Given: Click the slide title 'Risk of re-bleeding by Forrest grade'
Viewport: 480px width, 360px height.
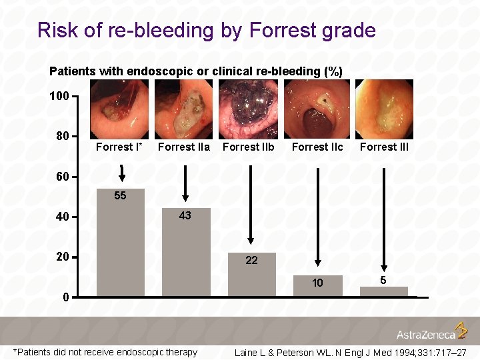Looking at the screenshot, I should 207,31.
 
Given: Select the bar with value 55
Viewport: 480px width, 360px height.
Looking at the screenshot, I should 121,243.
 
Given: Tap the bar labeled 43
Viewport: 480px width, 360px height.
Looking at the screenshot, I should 186,253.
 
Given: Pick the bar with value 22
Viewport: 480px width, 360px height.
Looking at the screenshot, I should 251,275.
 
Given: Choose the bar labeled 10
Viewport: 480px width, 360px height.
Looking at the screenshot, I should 318,285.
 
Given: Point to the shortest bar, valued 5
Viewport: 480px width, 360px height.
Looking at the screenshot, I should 383,291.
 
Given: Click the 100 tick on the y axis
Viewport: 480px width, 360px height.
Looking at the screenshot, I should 59,97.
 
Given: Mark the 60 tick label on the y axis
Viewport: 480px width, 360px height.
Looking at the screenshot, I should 62,177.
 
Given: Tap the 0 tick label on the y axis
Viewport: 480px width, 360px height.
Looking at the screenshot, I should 65,297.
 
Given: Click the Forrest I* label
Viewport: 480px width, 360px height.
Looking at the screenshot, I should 119,147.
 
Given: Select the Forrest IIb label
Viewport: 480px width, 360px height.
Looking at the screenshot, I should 248,147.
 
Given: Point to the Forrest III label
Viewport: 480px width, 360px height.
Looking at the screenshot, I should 384,147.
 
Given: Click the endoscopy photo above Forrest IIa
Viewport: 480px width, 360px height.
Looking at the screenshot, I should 183,109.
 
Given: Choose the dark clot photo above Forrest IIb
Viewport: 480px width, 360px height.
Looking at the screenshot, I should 249,109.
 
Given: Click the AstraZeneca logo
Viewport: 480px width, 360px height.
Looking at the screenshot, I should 432,331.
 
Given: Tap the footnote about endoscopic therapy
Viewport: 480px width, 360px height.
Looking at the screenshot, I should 105,352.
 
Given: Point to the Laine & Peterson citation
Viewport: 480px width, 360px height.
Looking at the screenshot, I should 350,352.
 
